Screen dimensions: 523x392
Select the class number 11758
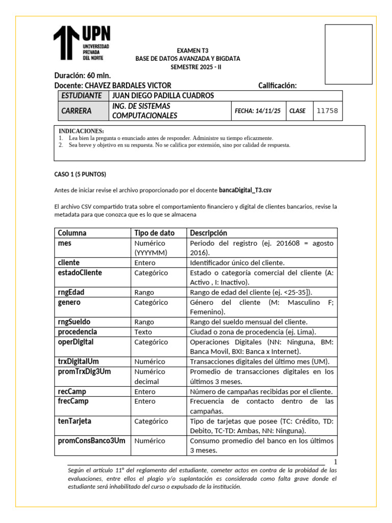coord(327,111)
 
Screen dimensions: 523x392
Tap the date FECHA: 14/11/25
coord(257,111)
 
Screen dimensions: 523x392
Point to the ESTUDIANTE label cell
coord(81,96)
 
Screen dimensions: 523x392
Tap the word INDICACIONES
coord(81,131)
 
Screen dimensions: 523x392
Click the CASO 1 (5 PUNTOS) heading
coord(80,174)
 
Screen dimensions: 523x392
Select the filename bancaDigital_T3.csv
coord(245,190)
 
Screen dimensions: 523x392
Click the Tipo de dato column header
coord(154,233)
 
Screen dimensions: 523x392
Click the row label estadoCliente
coord(80,273)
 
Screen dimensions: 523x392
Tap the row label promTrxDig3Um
coord(84,371)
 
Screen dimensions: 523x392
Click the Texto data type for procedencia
coord(144,332)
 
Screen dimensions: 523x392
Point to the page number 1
coord(335,461)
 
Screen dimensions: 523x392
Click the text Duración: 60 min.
coord(82,76)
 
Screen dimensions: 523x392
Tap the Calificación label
coord(277,85)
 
